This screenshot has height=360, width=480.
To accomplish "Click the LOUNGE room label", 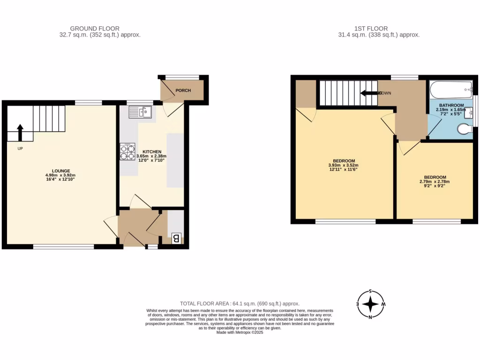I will coord(61,171).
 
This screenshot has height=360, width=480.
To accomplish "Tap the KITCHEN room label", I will coord(152,152).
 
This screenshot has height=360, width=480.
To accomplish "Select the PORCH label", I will coord(183,90).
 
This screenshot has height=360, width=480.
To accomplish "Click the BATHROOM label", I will coord(451,105).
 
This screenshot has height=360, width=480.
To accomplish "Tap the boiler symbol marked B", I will coord(176,238).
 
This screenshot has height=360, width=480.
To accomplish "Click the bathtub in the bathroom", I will coord(450,87).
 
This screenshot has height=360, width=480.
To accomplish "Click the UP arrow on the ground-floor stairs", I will coord(20,132).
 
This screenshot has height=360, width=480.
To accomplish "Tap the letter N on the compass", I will coord(371,317).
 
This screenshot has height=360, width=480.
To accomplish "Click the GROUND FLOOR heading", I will coord(94,29).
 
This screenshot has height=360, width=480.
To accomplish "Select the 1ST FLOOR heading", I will coord(371,29).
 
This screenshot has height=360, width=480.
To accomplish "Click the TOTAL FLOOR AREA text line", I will coord(240,304).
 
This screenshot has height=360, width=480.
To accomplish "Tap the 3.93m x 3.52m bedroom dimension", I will coord(343,165).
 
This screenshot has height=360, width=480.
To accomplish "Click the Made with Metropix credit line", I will coord(240,332).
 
